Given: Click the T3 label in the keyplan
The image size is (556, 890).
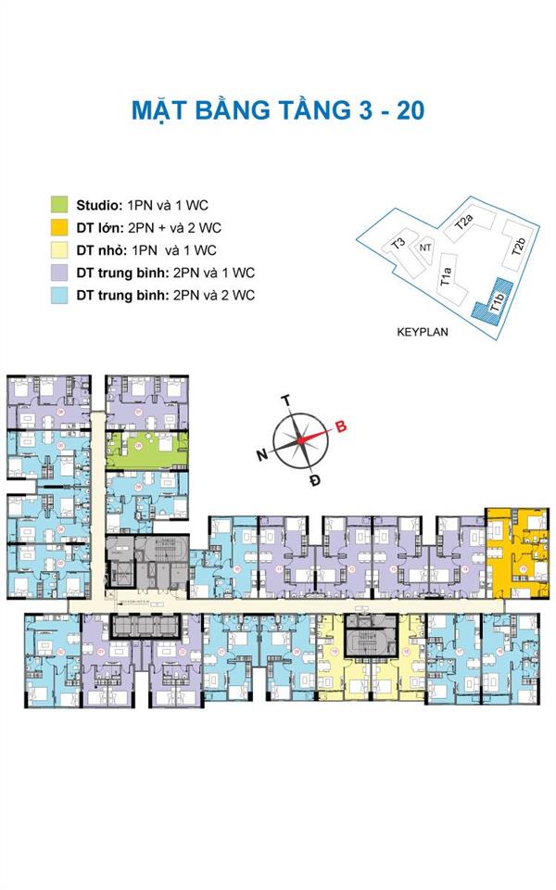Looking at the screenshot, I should pos(398,244).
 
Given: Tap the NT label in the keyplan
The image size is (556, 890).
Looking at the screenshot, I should pos(425,248).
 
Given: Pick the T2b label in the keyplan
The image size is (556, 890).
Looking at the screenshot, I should pos(519,246).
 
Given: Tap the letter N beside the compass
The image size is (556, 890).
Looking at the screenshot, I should pos(262,454).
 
